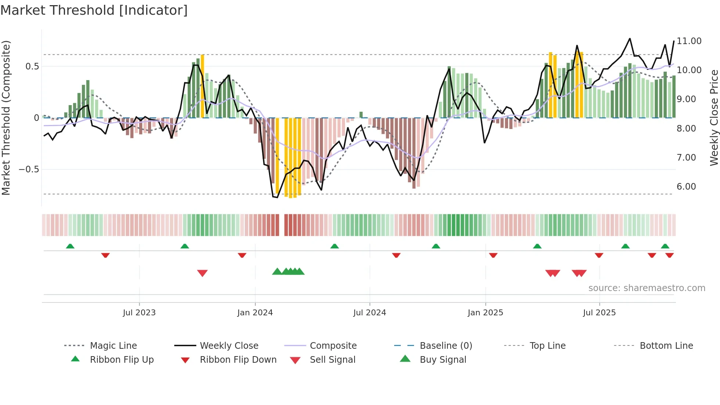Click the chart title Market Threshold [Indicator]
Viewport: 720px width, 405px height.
tap(94, 10)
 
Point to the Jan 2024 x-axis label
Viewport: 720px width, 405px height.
tap(255, 313)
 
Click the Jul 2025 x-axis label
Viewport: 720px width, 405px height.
tap(599, 313)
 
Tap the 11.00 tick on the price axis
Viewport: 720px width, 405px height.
tap(689, 41)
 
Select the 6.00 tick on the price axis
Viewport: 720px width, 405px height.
tap(686, 187)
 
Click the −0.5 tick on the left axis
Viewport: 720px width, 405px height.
tap(29, 169)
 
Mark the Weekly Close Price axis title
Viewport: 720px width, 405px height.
tap(714, 118)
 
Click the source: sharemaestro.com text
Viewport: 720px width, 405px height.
tap(647, 288)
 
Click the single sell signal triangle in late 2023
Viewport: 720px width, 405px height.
tap(202, 273)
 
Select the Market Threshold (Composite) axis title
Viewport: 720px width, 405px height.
tap(6, 118)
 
